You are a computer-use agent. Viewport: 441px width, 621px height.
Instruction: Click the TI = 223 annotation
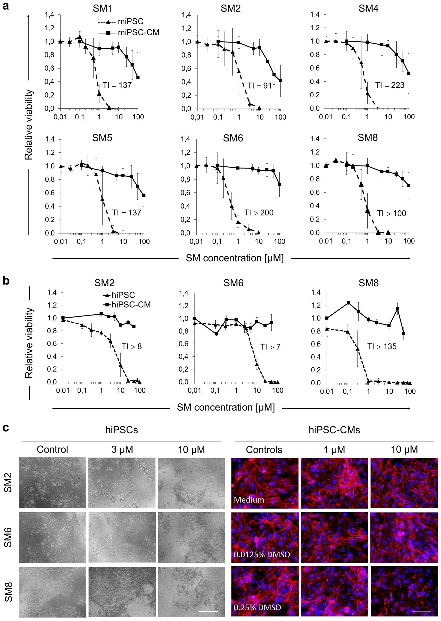390,85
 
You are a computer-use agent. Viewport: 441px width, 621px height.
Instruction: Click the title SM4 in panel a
369,8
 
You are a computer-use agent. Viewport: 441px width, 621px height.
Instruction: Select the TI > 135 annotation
382,346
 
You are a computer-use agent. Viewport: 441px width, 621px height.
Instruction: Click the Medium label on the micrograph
249,499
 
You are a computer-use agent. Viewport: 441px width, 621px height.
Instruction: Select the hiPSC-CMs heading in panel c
334,430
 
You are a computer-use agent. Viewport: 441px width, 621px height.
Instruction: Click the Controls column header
264,450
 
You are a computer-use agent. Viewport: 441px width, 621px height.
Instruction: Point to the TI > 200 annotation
259,212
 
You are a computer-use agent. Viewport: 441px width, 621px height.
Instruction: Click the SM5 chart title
102,138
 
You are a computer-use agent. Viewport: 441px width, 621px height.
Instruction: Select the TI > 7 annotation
270,347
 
